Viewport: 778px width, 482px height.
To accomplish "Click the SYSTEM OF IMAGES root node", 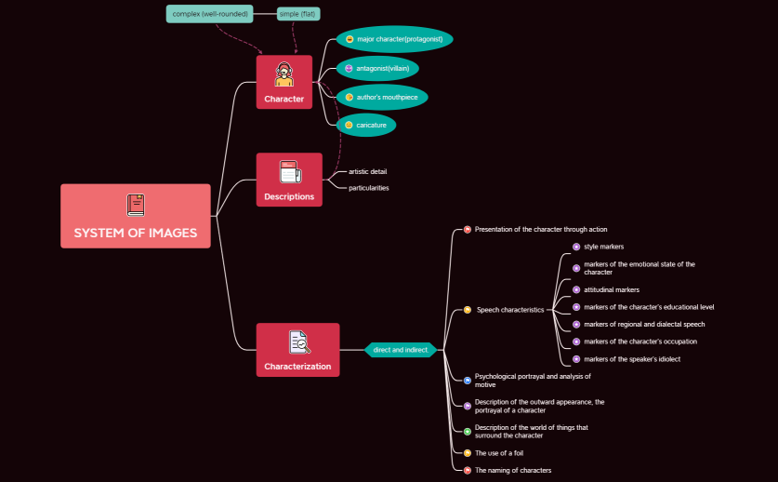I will pos(136,216).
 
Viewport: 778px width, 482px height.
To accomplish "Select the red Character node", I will pos(284,82).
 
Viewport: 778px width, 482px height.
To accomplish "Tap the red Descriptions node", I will pos(289,180).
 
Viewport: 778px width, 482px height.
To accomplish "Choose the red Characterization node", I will pos(297,350).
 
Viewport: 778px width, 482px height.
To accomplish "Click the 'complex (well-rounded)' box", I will pos(210,14).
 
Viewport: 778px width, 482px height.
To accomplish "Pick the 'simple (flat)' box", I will pos(297,14).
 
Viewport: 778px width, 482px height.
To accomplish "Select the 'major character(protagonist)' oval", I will pos(394,40).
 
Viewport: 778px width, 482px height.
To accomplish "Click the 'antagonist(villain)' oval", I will pos(377,68).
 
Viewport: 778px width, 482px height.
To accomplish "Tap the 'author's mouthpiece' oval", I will pos(382,97).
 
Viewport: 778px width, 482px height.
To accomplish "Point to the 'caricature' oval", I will pos(366,125).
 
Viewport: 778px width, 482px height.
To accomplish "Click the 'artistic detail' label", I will pos(367,171).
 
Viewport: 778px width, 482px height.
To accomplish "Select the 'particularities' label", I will pos(368,188).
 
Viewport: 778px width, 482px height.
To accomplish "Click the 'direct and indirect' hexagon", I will pos(401,350).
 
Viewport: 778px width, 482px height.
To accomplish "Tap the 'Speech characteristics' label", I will pos(510,310).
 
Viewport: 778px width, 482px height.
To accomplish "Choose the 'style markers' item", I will pos(603,247).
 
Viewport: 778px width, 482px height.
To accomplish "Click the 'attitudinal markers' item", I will pos(611,289).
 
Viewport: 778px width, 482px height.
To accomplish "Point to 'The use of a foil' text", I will pos(498,452).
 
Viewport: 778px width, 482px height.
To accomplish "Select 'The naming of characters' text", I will pos(512,470).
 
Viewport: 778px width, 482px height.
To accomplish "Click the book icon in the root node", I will pos(136,205).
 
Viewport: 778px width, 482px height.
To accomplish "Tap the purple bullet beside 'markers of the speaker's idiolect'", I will pos(576,359).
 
